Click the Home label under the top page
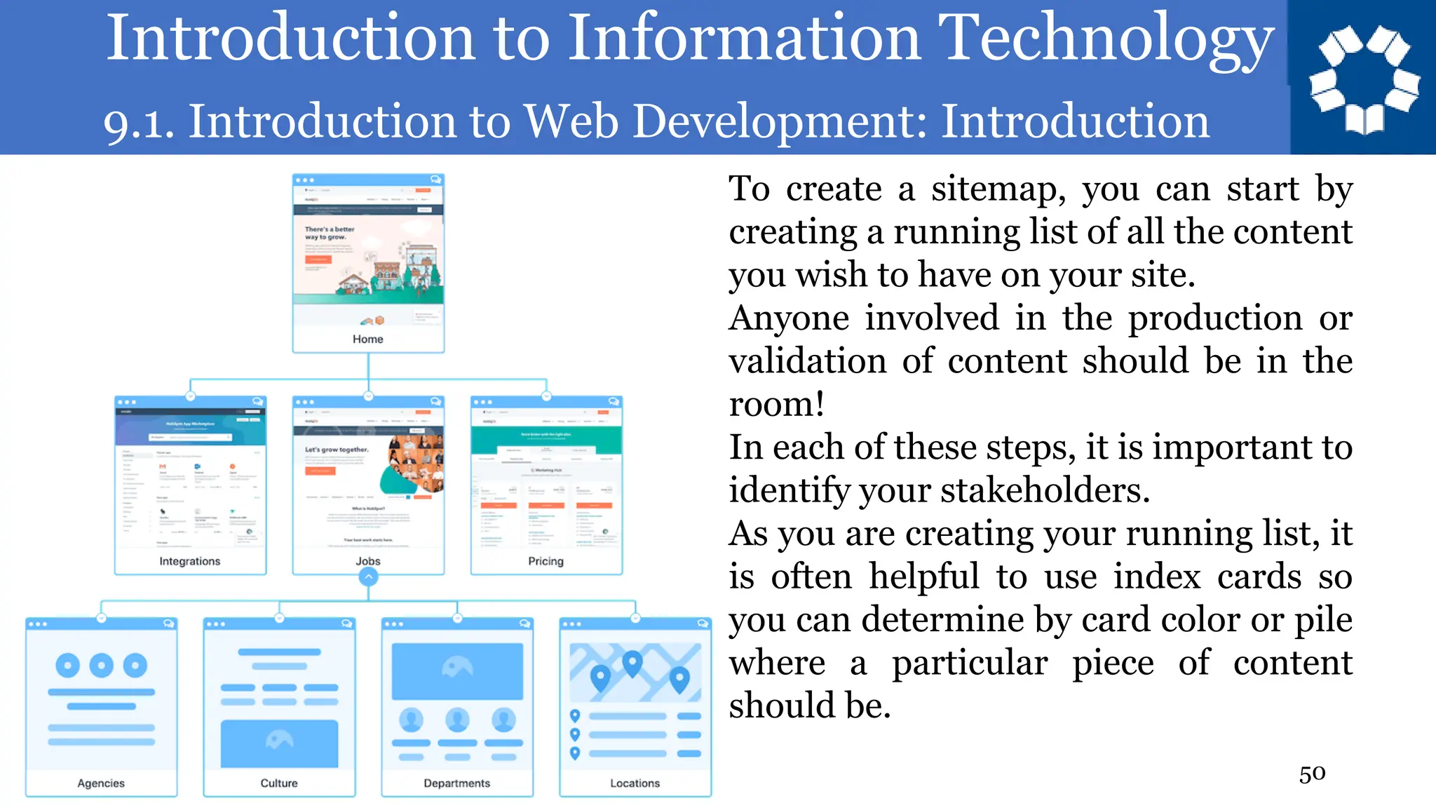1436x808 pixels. click(367, 339)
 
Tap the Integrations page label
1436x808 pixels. click(189, 561)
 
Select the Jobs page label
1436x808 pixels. click(367, 561)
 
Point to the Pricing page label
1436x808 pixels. click(546, 561)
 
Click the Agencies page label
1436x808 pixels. click(101, 783)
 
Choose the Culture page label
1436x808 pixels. click(279, 783)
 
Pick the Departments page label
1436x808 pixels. click(456, 783)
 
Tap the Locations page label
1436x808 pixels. click(635, 783)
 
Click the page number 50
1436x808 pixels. click(1312, 774)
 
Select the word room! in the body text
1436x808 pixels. click(776, 405)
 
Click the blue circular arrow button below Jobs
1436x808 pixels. click(368, 577)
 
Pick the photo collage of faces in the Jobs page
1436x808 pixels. click(415, 463)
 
